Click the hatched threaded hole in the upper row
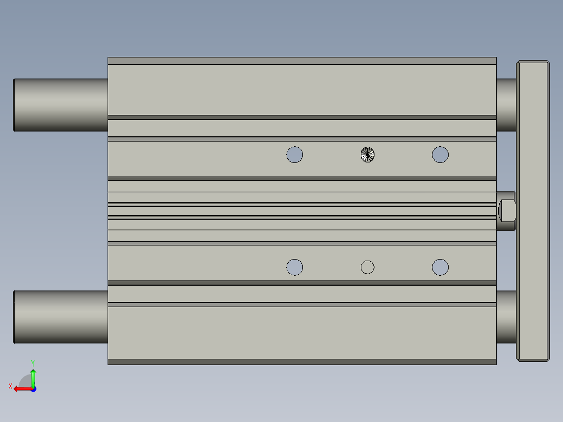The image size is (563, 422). (368, 155)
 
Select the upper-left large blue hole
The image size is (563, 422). (295, 155)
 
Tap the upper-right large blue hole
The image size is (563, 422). (440, 155)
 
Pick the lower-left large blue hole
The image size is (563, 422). (295, 267)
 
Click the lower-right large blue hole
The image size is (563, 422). (440, 267)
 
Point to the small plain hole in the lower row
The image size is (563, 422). (368, 267)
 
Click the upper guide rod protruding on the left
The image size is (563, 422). (60, 104)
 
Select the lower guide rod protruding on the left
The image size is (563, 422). (60, 316)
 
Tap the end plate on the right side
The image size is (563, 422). (533, 211)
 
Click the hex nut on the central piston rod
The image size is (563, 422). (507, 210)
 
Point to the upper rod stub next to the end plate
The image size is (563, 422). (506, 104)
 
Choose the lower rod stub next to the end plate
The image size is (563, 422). (506, 316)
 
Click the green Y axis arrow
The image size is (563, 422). (33, 377)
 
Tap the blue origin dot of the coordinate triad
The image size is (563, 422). (33, 389)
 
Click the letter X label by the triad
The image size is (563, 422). (10, 386)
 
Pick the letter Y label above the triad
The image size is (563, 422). (32, 362)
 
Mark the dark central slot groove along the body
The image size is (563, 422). (302, 211)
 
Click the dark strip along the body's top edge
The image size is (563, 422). (302, 61)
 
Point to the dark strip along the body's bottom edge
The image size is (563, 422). (302, 361)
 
